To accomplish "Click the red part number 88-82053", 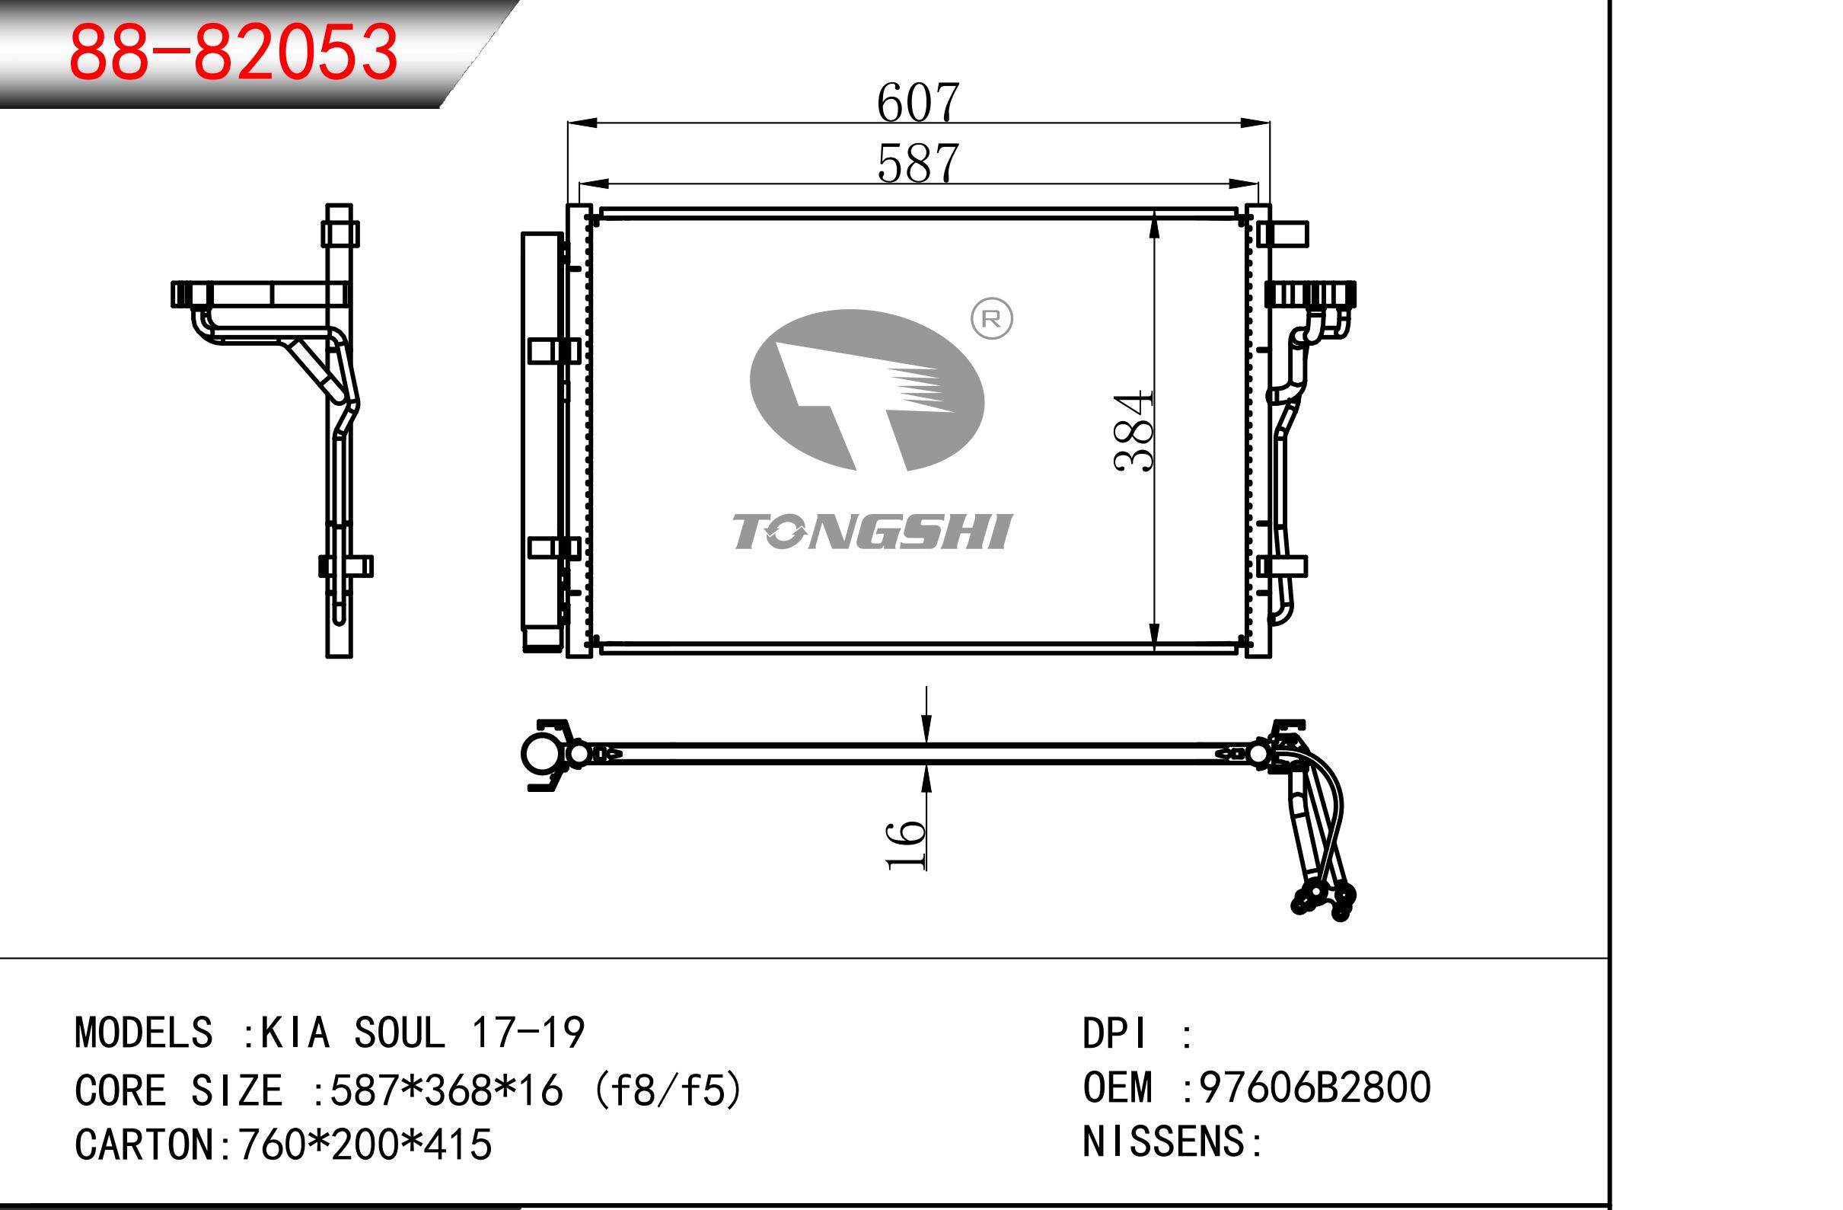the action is (x=233, y=52).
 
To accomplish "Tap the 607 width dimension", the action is (x=918, y=102).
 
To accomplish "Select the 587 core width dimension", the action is (x=918, y=164).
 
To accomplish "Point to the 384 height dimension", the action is (x=1133, y=432).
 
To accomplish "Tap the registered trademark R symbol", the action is (x=991, y=318).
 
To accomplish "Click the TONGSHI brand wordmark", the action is (x=872, y=532).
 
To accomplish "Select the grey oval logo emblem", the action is (x=866, y=391).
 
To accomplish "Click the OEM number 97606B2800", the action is (x=1315, y=1087).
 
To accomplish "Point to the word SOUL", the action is (x=400, y=1033).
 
